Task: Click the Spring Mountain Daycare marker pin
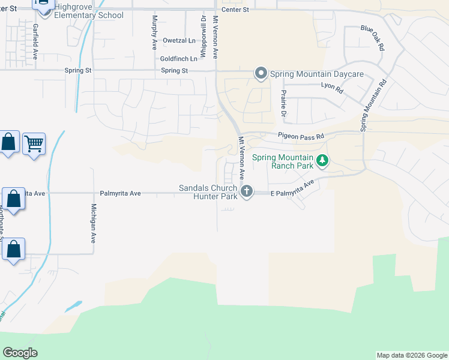pos(261,74)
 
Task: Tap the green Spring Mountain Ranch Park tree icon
pos(323,161)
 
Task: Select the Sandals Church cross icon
pos(246,191)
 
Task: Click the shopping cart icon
pos(34,143)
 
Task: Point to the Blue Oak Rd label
pos(372,37)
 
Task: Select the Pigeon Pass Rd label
pos(300,136)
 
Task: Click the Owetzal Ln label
pos(179,41)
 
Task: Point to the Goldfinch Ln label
pos(178,59)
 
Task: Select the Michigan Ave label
pos(93,223)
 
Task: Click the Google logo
pos(20,353)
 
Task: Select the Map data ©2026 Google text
pos(411,355)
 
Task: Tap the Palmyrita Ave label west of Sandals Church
pos(120,193)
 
